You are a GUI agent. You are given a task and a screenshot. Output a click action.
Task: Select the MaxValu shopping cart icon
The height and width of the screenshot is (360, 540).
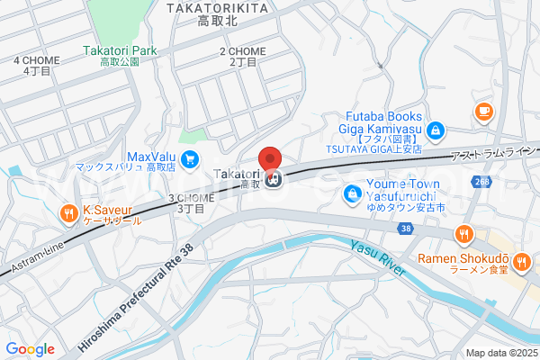pos(189,160)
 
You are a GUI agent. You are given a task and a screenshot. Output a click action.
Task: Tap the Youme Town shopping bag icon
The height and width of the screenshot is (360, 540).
pos(350,193)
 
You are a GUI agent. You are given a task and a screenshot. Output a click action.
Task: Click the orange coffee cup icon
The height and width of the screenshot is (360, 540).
pos(483,112)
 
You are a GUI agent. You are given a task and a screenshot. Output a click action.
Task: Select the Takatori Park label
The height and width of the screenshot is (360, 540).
pos(120,51)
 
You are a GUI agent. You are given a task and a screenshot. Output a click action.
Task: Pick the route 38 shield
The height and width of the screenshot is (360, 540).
pos(407,229)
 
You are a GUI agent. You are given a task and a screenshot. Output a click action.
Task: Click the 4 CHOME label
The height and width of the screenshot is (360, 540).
pos(36,61)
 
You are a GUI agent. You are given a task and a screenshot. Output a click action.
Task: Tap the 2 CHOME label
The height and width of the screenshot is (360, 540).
pos(242,52)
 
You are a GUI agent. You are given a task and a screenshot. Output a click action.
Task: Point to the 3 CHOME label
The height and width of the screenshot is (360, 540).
pos(191,198)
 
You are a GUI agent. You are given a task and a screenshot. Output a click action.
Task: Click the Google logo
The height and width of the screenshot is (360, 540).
pos(31,348)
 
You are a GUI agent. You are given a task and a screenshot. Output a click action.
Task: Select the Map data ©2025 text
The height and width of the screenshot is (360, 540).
pos(500,353)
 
